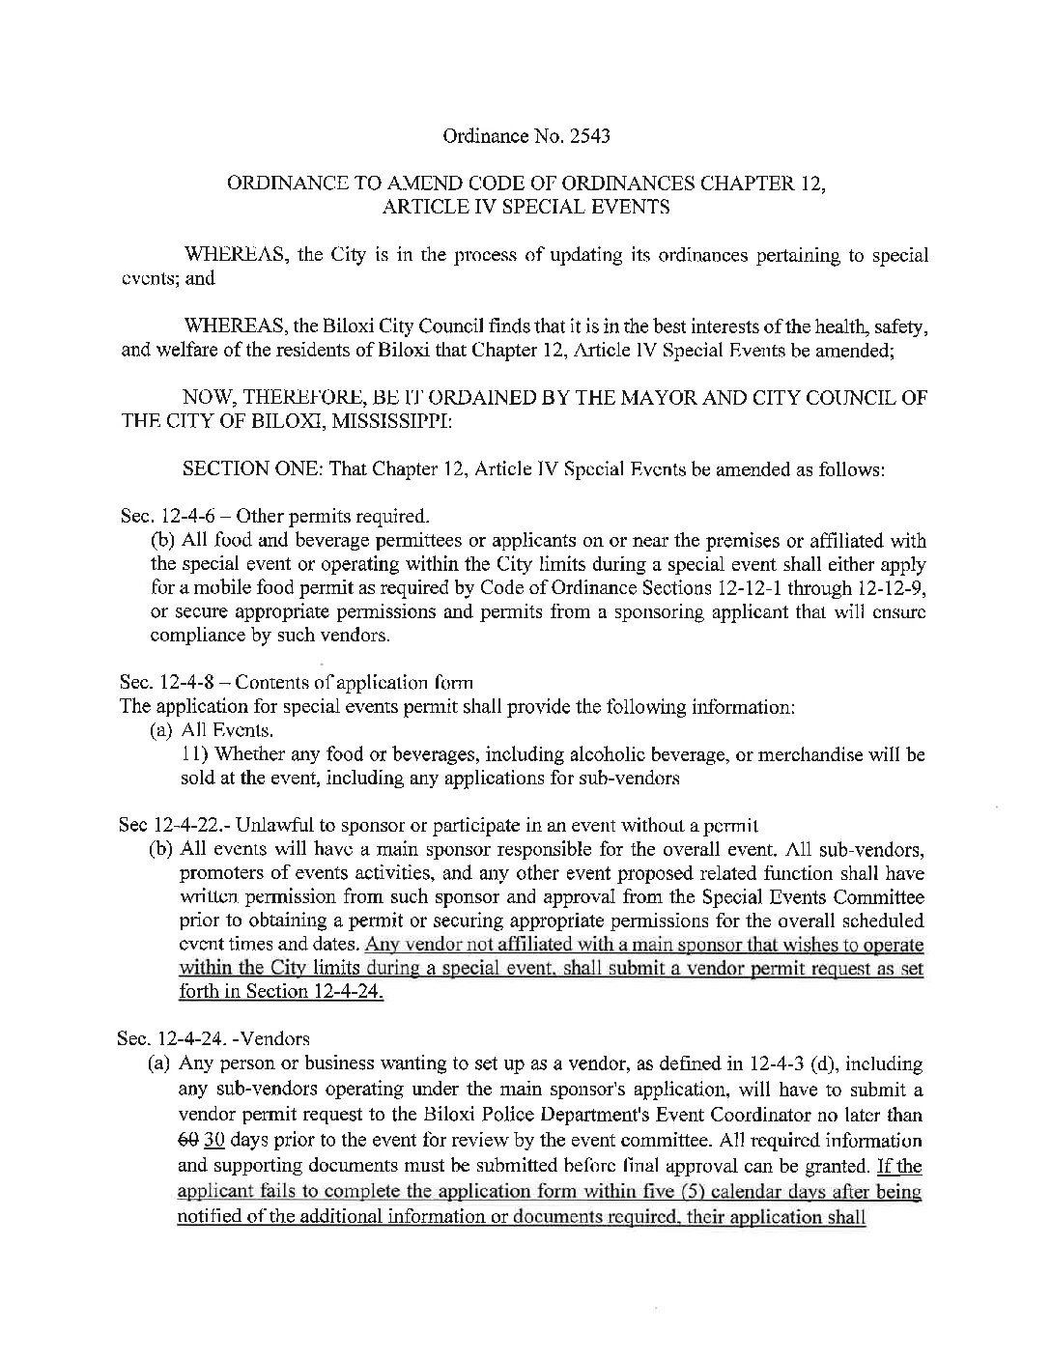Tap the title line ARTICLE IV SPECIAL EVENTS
point(525,206)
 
